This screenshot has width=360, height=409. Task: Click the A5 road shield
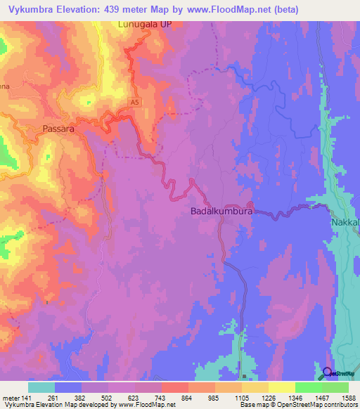tap(134, 103)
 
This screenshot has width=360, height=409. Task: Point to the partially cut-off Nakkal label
tap(345, 223)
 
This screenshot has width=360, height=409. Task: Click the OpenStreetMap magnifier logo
tap(328, 372)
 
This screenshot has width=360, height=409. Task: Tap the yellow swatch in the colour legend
tap(282, 387)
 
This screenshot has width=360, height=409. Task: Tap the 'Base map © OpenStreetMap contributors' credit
tap(298, 405)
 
